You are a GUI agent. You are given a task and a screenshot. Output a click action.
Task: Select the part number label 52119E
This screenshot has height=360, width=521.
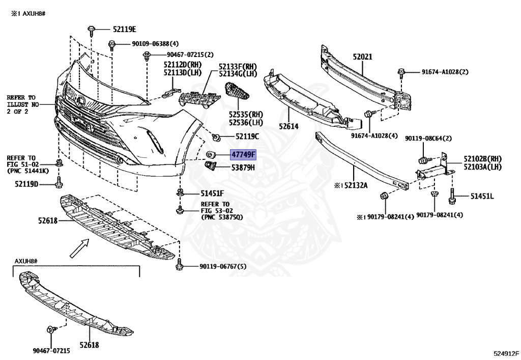[124, 30]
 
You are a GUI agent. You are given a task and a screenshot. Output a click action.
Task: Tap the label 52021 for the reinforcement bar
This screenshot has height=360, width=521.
[362, 58]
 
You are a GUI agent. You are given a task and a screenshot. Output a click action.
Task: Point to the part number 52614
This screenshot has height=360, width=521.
[288, 126]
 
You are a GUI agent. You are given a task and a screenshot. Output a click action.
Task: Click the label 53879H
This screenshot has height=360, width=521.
[243, 167]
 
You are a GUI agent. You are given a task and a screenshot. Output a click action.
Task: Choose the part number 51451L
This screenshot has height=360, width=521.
[481, 196]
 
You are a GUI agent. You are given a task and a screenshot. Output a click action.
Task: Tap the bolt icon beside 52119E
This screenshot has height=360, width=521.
[92, 30]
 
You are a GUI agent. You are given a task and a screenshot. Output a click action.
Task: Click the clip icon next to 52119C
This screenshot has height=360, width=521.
[216, 136]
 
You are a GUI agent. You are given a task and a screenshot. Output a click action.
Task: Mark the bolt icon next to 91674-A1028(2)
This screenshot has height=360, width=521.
[401, 74]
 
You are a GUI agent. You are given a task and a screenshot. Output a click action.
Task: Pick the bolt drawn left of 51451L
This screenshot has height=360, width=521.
[452, 195]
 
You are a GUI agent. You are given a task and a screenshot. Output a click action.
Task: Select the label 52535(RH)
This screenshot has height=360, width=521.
[246, 115]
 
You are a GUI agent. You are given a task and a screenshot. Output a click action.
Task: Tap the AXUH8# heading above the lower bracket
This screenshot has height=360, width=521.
[26, 261]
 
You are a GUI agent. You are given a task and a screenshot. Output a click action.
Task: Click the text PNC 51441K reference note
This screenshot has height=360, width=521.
[27, 171]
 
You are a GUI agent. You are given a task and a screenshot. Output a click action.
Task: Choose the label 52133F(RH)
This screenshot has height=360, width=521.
[238, 67]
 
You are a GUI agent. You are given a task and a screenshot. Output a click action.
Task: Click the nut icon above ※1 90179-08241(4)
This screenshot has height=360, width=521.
[384, 196]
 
